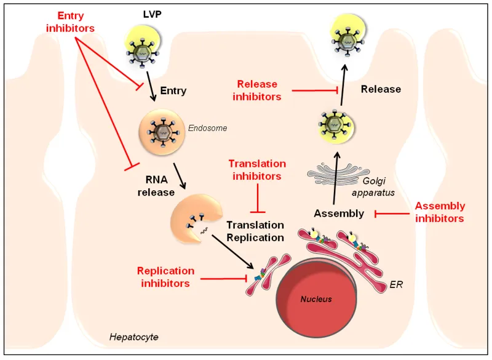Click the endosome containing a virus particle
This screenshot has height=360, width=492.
pos(162,131)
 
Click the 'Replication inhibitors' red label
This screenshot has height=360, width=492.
pos(166,277)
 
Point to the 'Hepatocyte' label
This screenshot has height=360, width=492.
pos(133,337)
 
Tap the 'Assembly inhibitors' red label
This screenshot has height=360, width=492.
pos(440,212)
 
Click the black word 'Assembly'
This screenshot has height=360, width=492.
pos(338,213)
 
